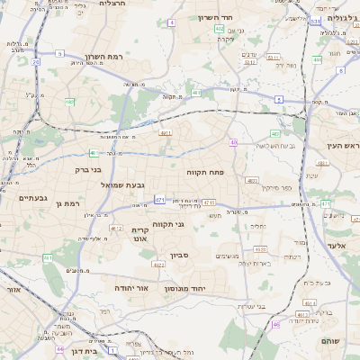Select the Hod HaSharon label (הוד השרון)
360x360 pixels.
(215, 17)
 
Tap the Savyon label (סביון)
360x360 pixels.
(178, 256)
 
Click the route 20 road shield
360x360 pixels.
(35, 62)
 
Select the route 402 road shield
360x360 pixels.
(220, 30)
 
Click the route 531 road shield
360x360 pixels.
(316, 20)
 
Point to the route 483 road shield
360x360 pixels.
(322, 163)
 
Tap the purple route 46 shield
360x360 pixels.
(275, 324)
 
